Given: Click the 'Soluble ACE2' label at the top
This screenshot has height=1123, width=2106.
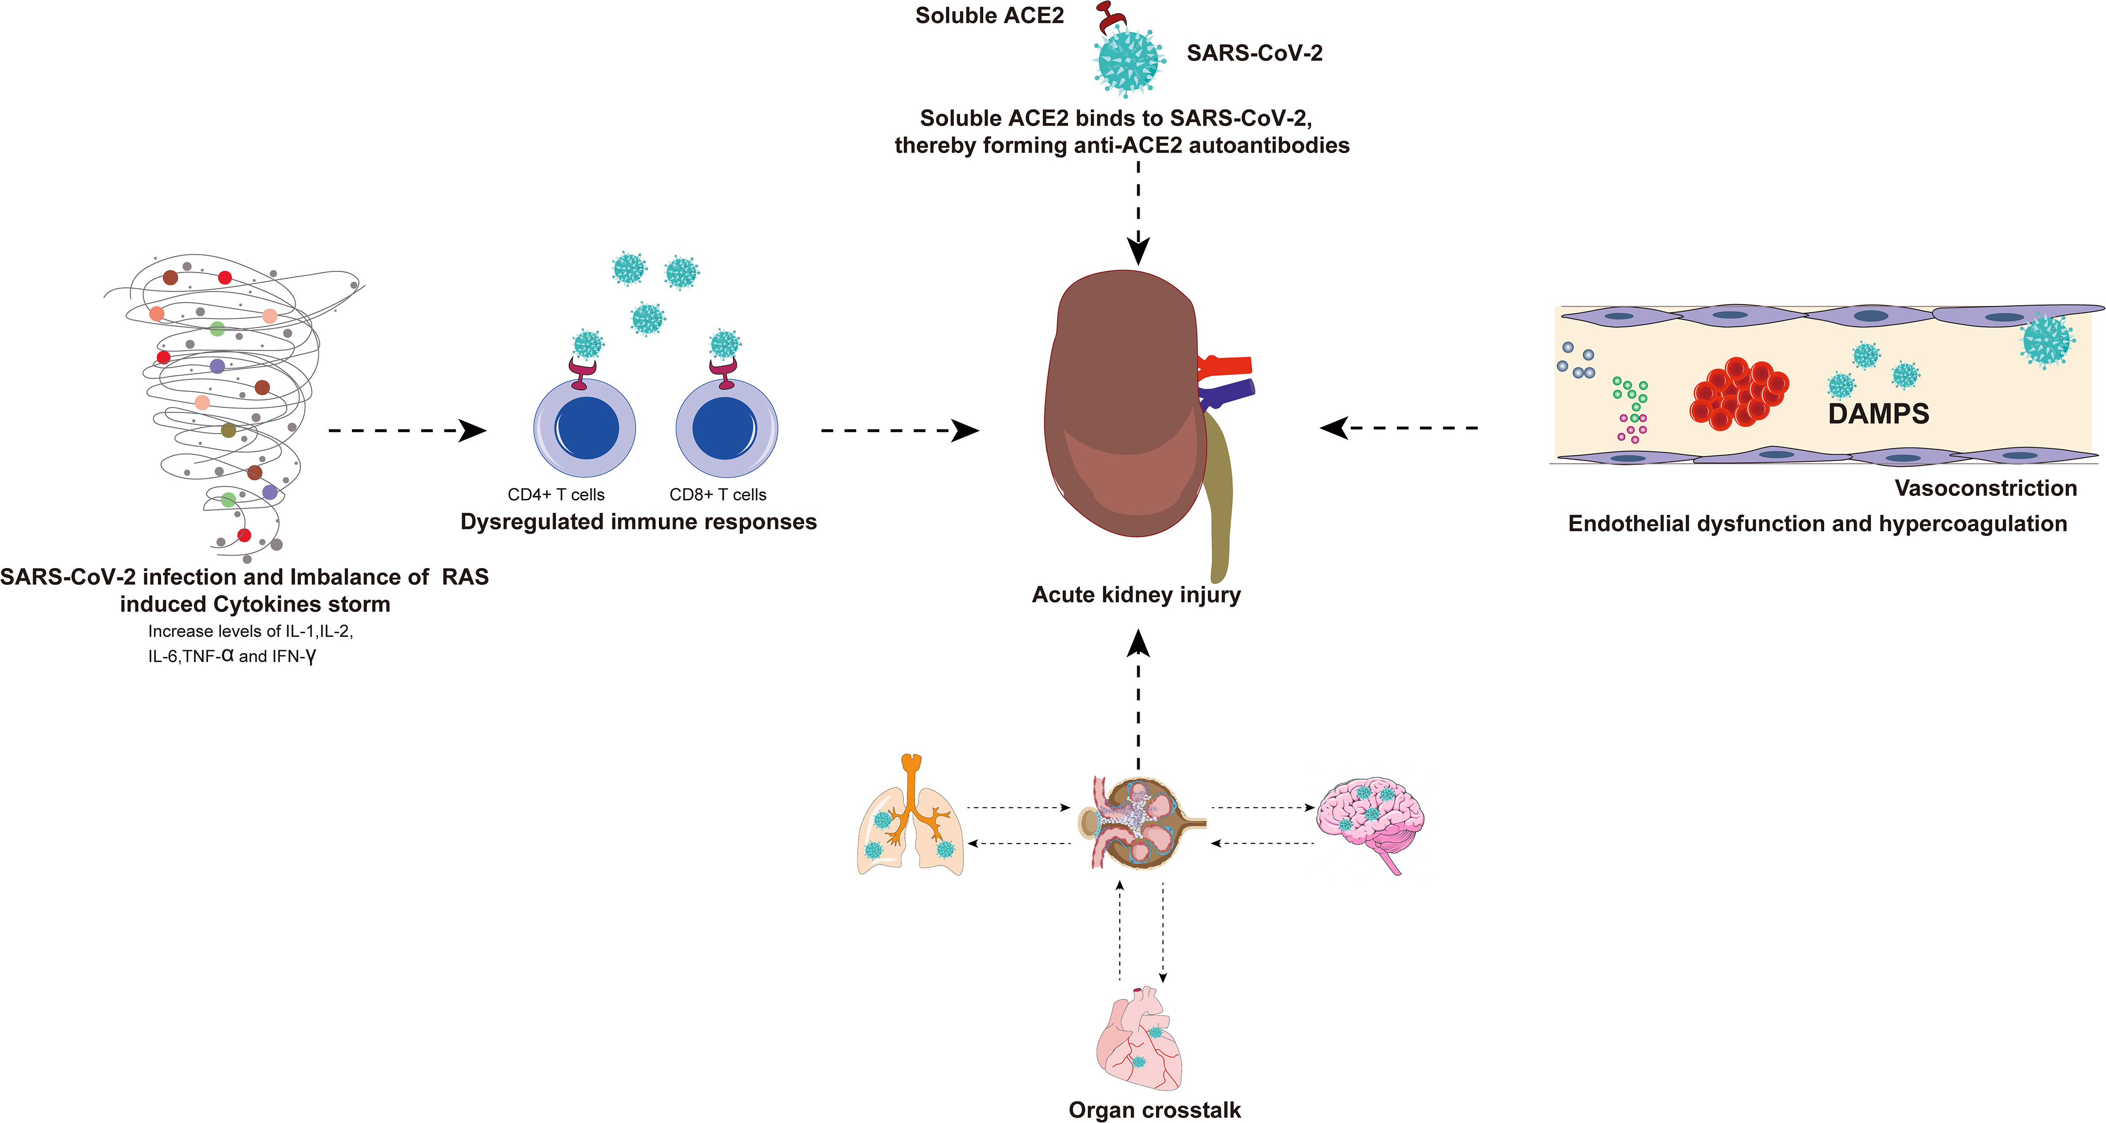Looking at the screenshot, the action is point(989,15).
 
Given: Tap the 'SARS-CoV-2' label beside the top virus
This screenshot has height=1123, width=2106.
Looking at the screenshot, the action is point(1254,53).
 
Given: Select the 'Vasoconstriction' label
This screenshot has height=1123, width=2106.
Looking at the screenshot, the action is point(1986,488).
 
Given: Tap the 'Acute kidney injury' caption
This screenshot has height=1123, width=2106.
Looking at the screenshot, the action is point(1136,595).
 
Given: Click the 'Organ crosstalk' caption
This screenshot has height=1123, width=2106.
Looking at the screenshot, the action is point(1154,1110).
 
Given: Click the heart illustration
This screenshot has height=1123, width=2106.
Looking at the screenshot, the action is point(1139,1039).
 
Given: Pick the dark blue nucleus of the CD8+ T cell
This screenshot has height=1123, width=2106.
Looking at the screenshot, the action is point(724,428).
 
